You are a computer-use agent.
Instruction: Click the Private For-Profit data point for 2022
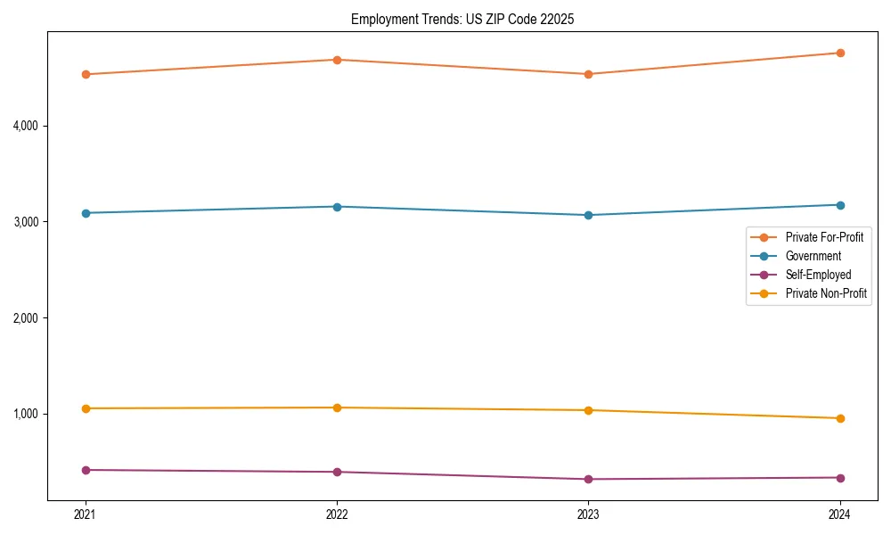click(337, 60)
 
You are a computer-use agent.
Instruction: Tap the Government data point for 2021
click(86, 213)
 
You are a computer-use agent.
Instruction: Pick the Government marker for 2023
click(588, 215)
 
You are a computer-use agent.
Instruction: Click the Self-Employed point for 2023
click(588, 479)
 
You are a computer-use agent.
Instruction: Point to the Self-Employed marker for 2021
click(86, 470)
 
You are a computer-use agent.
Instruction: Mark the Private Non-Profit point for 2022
click(337, 407)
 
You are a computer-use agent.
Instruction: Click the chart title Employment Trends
click(462, 19)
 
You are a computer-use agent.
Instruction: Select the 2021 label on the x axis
click(86, 514)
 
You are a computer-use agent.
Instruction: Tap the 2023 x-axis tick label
click(588, 514)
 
